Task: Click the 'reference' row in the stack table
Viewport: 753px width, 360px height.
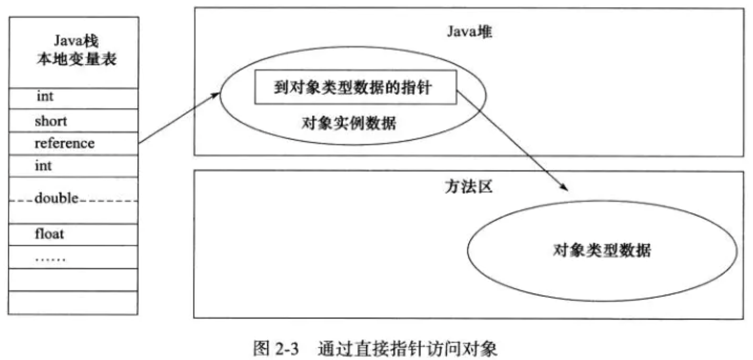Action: pyautogui.click(x=65, y=143)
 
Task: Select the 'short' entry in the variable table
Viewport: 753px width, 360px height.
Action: pyautogui.click(x=51, y=121)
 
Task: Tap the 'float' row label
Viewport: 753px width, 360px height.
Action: pyautogui.click(x=49, y=234)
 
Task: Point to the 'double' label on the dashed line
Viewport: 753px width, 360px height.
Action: pyautogui.click(x=56, y=198)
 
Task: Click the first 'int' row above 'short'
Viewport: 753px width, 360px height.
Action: pyautogui.click(x=45, y=96)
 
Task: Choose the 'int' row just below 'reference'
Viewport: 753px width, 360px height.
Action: pyautogui.click(x=43, y=166)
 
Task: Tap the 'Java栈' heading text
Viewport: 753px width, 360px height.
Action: pyautogui.click(x=76, y=41)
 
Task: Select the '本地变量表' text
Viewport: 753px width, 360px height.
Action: pyautogui.click(x=76, y=59)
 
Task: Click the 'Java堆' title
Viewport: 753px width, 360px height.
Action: pyautogui.click(x=469, y=32)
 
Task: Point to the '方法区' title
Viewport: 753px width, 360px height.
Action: pyautogui.click(x=469, y=187)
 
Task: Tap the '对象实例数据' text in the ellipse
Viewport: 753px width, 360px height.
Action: pyautogui.click(x=349, y=124)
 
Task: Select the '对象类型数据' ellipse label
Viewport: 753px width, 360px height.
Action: pyautogui.click(x=602, y=251)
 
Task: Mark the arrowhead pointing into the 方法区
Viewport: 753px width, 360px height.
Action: pyautogui.click(x=565, y=188)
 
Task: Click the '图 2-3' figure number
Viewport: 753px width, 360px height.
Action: pyautogui.click(x=276, y=349)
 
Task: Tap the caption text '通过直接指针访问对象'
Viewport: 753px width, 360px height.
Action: pyautogui.click(x=407, y=349)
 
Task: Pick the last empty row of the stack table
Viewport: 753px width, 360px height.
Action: pyautogui.click(x=73, y=303)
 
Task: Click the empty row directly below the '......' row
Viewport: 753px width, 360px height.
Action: pyautogui.click(x=73, y=280)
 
